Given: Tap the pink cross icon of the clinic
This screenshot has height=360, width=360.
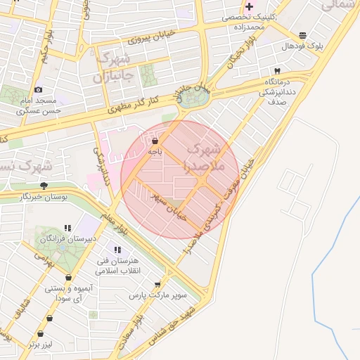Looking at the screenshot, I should coord(249,6).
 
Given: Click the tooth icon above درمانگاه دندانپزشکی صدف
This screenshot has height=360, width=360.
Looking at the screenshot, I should coord(276,72).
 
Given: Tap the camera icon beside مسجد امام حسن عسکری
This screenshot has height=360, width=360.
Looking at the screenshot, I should coord(38,90).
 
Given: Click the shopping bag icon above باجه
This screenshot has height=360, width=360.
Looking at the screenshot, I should coord(155,141).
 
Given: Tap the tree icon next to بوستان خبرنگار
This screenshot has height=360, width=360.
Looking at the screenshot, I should coord(44,186).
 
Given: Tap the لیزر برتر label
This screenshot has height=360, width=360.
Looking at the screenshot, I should coord(41,345).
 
